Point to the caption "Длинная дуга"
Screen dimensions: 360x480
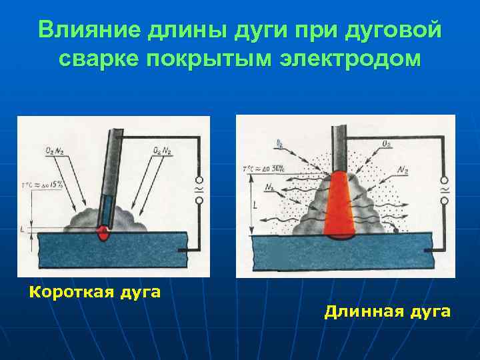click(387, 311)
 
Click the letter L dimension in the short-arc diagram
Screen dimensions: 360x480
click(23, 229)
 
